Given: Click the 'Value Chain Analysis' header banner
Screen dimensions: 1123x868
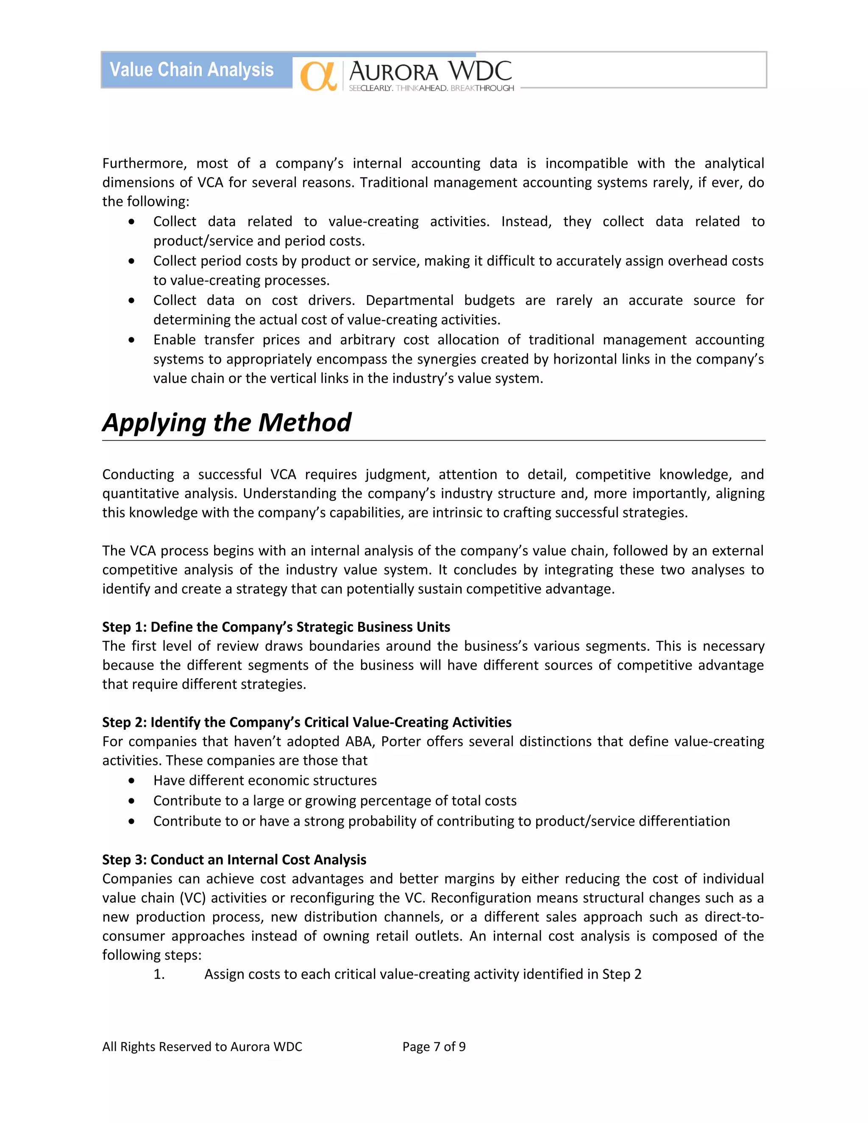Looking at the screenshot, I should [192, 70].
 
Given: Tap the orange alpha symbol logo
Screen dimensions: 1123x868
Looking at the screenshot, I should [318, 76].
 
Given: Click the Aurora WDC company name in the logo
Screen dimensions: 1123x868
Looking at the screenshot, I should [430, 71].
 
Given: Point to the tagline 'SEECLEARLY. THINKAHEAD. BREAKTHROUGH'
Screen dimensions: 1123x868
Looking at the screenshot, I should [431, 89].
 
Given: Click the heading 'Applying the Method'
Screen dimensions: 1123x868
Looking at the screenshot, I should [226, 423].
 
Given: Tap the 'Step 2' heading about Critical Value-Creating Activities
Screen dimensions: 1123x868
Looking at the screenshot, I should [306, 722].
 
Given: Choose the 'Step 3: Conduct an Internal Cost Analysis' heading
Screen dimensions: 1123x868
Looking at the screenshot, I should [234, 859].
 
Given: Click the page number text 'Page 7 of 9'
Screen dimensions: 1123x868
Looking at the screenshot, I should [434, 1046].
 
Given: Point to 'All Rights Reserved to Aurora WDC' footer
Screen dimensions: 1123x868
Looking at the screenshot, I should [202, 1046].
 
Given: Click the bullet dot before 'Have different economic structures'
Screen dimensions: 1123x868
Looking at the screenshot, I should [132, 781].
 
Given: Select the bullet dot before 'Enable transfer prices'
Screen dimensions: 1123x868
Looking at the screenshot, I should [132, 340].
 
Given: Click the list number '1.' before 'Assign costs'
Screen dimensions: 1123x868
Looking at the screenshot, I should [159, 974].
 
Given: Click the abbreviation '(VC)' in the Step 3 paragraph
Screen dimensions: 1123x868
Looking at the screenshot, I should [193, 898].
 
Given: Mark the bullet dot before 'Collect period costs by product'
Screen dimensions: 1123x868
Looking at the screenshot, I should [132, 261].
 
